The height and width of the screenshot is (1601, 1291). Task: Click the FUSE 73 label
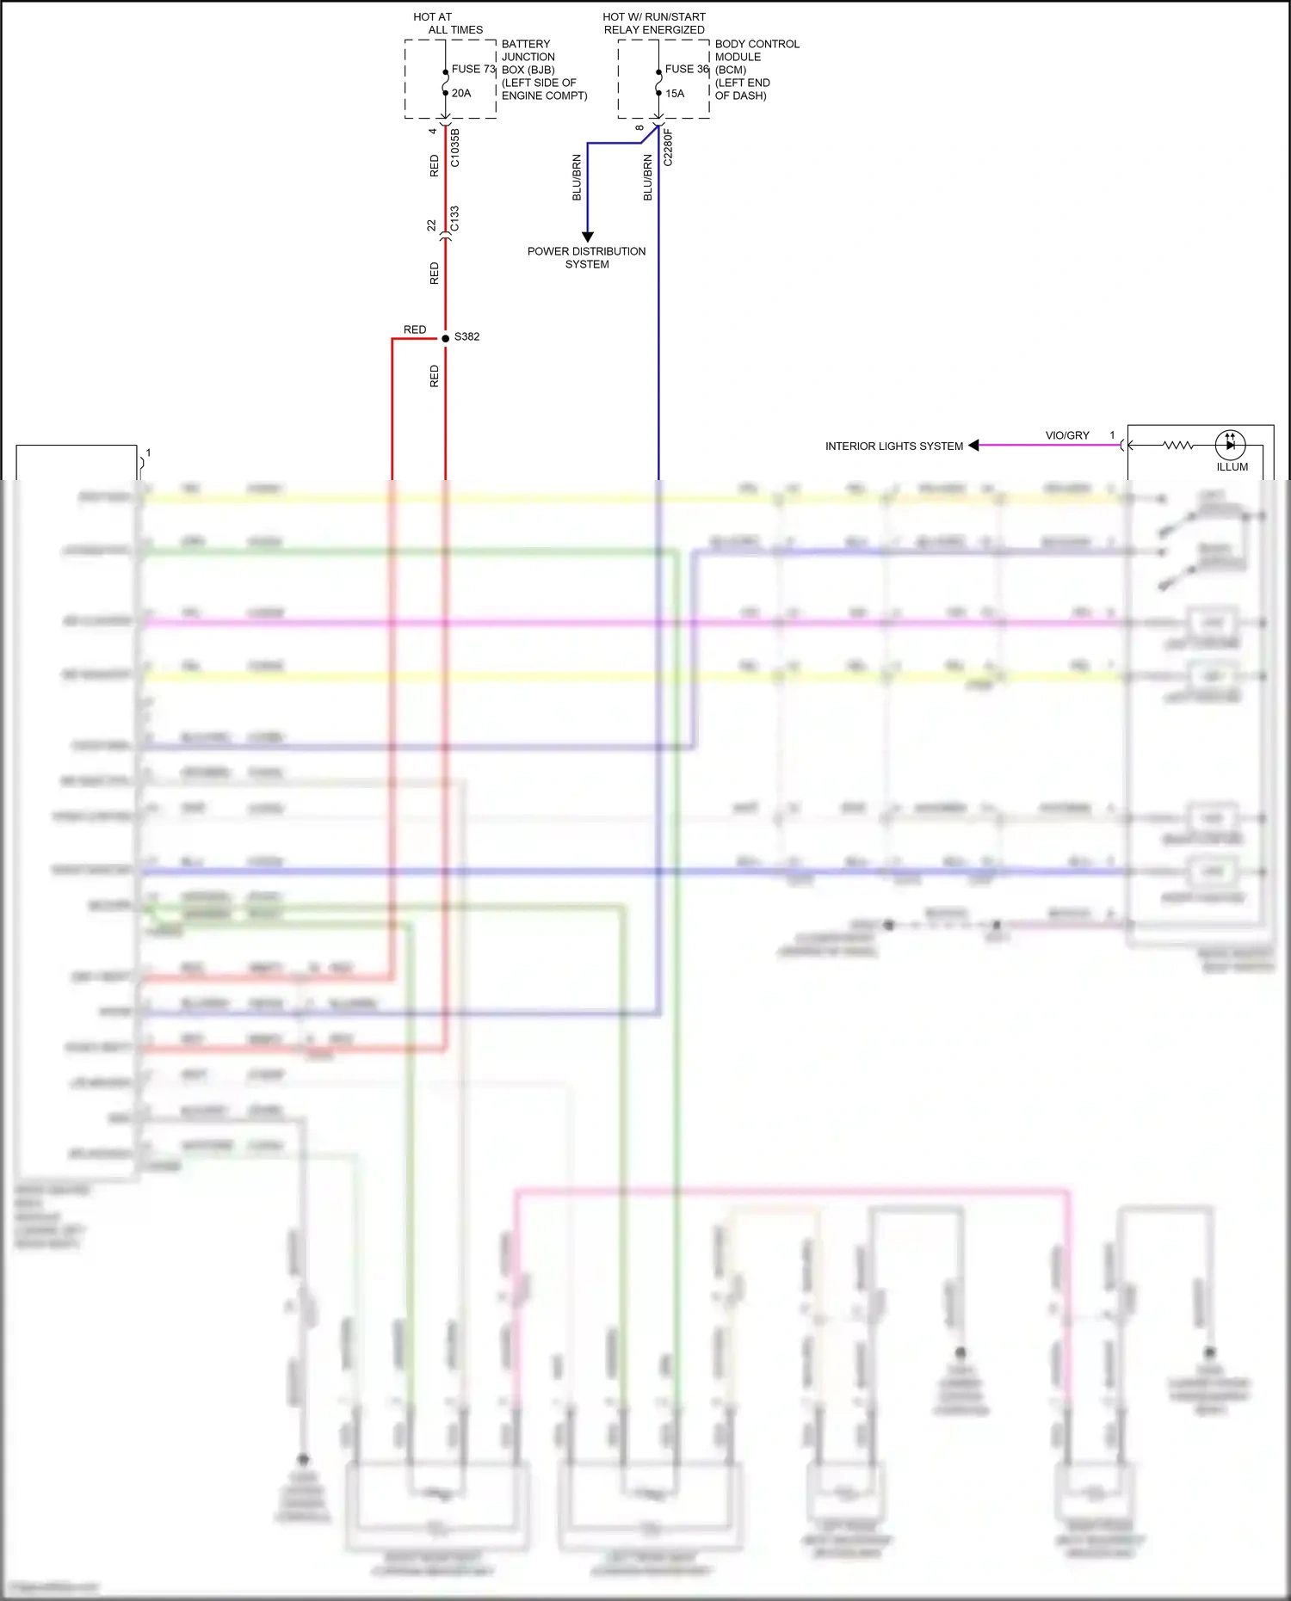[x=473, y=69]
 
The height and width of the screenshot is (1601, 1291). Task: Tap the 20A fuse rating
[x=461, y=93]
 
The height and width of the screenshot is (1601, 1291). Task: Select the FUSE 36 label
[x=687, y=69]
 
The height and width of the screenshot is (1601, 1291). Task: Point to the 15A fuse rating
[x=675, y=93]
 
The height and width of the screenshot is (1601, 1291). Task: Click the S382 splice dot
[x=445, y=338]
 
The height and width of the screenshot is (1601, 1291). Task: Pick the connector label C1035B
[x=455, y=148]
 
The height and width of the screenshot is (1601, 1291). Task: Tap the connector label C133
[x=454, y=219]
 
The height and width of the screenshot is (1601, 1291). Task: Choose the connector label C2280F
[x=668, y=147]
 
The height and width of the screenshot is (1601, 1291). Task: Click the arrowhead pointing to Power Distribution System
[x=588, y=237]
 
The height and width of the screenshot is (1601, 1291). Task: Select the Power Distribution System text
[x=587, y=257]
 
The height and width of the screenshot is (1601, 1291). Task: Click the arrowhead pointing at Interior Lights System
[x=973, y=446]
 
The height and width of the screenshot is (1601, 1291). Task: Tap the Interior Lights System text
[x=894, y=446]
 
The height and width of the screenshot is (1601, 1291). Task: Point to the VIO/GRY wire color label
[x=1067, y=435]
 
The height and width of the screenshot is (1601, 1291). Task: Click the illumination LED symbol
[x=1230, y=445]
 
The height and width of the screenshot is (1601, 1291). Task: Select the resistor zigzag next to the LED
[x=1177, y=445]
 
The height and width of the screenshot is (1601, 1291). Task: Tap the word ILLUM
[x=1232, y=467]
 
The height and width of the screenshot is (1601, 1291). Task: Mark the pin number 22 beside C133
[x=432, y=225]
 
